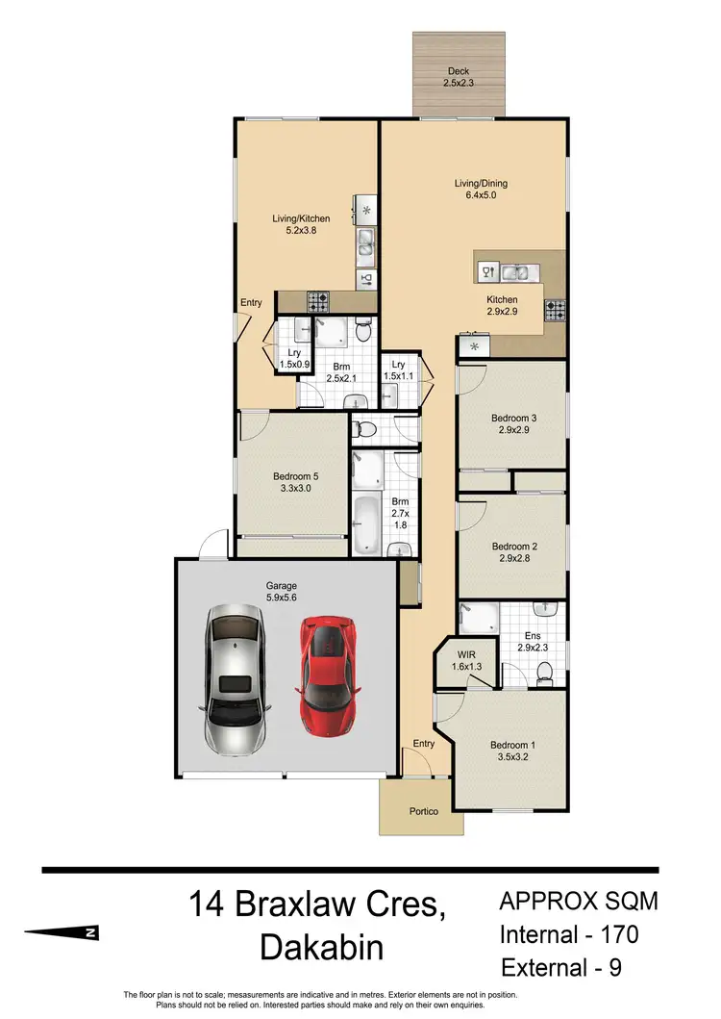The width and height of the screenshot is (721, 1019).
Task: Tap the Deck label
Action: pyautogui.click(x=459, y=77)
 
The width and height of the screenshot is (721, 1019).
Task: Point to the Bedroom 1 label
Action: pyautogui.click(x=510, y=751)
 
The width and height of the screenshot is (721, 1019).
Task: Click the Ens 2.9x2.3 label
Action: pyautogui.click(x=532, y=641)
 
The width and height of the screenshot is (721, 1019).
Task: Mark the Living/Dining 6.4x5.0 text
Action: pyautogui.click(x=481, y=190)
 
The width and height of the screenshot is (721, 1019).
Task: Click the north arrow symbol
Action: pyautogui.click(x=62, y=932)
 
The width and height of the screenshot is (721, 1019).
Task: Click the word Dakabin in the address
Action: pyautogui.click(x=321, y=947)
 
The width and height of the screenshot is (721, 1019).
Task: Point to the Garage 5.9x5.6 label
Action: pyautogui.click(x=282, y=591)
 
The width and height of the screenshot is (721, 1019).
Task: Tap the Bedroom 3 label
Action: pyautogui.click(x=513, y=423)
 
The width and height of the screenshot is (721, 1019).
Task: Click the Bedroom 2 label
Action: pyautogui.click(x=513, y=552)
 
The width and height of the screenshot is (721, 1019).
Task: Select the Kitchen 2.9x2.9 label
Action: pyautogui.click(x=502, y=306)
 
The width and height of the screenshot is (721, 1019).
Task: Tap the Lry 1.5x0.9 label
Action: pyautogui.click(x=294, y=359)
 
